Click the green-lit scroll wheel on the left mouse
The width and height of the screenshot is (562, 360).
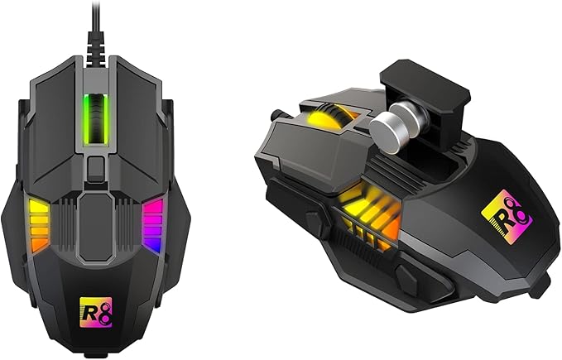96,120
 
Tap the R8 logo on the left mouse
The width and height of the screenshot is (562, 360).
96,313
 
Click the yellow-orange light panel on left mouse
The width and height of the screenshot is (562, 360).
39,225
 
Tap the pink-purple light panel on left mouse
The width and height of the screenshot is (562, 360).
153,225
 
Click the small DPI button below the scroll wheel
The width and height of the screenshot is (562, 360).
96,169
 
